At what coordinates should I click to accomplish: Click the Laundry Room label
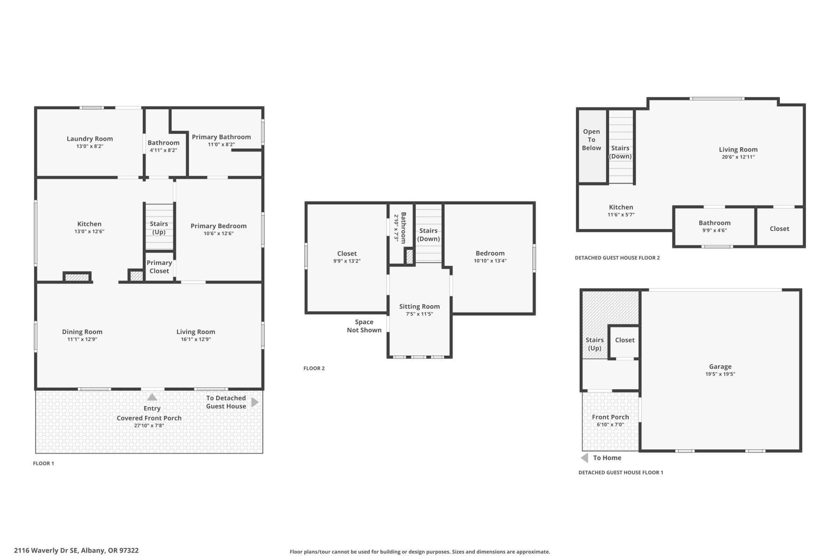pos(90,139)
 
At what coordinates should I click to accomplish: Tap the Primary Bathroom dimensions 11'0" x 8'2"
pos(221,145)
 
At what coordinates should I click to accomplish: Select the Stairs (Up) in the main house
pos(159,228)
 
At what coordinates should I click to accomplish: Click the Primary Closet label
pos(159,267)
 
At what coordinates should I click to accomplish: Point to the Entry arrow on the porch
pos(152,397)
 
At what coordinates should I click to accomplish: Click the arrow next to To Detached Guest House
pos(255,402)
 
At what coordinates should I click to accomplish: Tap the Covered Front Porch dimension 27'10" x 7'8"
pos(149,426)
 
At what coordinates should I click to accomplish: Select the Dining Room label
pos(82,332)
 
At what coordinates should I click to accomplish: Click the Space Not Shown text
pos(364,326)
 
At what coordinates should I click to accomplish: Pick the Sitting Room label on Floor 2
pos(419,307)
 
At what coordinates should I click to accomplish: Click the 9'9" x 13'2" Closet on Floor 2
pos(347,257)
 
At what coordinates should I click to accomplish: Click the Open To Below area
pos(591,140)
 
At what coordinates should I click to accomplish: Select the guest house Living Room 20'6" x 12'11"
pos(738,153)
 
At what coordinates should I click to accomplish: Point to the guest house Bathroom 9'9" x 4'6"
pos(714,226)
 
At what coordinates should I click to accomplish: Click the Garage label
pos(720,367)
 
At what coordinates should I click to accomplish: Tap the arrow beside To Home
pos(584,458)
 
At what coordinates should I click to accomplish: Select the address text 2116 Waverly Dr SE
pos(76,550)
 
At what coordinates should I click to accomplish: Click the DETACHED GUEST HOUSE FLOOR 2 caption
pos(617,258)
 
